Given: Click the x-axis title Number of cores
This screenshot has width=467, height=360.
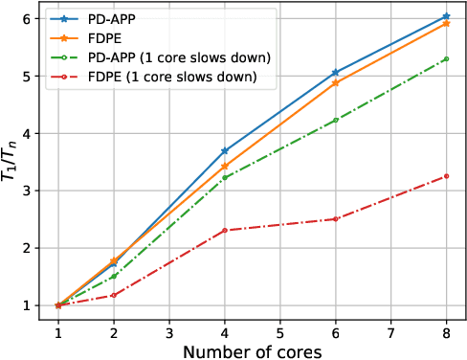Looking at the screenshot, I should (253, 349).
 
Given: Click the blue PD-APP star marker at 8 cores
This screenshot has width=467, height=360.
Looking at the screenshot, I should (446, 16).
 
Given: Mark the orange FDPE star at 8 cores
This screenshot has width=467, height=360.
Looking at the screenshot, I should (446, 23).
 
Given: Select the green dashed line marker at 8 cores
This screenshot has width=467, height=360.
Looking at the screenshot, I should (446, 59).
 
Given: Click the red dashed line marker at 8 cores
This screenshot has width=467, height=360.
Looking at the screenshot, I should (446, 176).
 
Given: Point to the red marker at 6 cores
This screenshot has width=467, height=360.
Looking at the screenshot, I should (335, 219).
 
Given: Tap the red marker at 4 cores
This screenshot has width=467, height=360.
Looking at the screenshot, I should (224, 231).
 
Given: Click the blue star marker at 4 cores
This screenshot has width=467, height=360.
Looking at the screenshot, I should (224, 150).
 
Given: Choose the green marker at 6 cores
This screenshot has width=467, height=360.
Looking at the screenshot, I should (335, 121).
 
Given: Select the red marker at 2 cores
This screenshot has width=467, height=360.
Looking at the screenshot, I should (113, 295).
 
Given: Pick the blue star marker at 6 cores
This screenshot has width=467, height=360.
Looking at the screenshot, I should (335, 72).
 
